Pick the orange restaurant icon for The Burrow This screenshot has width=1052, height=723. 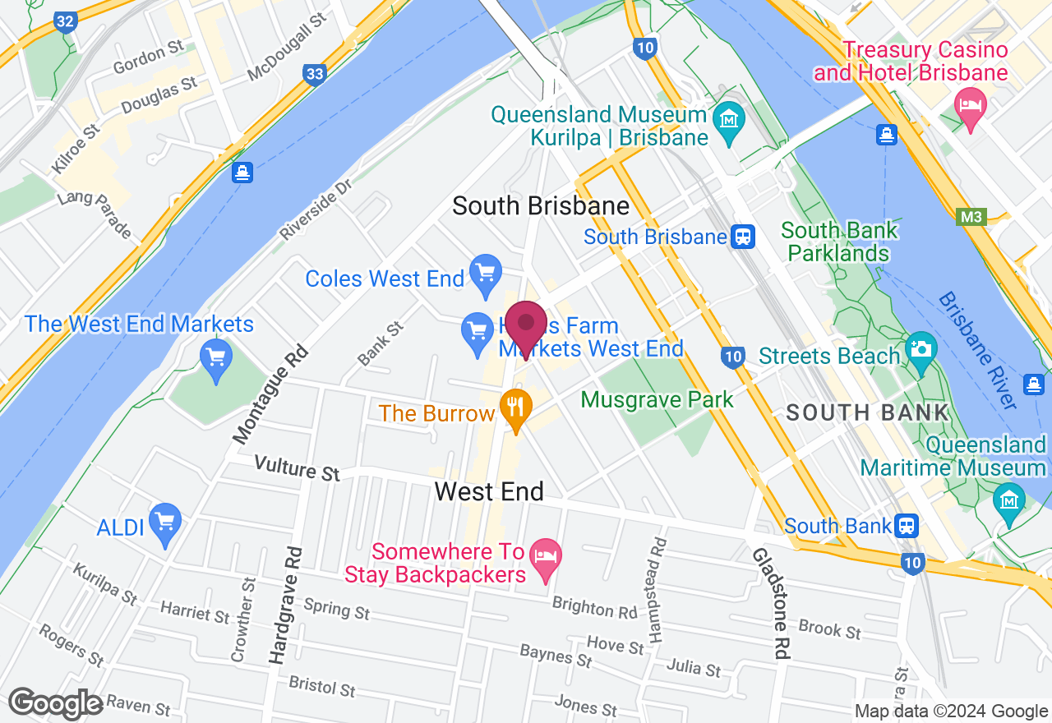pos(516,407)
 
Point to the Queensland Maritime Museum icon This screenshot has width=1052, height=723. pos(1008,498)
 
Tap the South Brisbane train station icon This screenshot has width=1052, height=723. pos(743,237)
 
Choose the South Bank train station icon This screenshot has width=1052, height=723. pos(907,525)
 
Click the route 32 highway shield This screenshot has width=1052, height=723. pos(65,21)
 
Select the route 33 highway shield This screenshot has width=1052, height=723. pos(314,74)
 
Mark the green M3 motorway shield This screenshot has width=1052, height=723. pos(971,217)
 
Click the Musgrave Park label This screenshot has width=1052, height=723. pos(657,400)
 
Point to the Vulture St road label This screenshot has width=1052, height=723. pos(297,468)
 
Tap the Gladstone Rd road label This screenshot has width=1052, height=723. pos(771,603)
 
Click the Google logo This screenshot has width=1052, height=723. pos(56,703)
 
